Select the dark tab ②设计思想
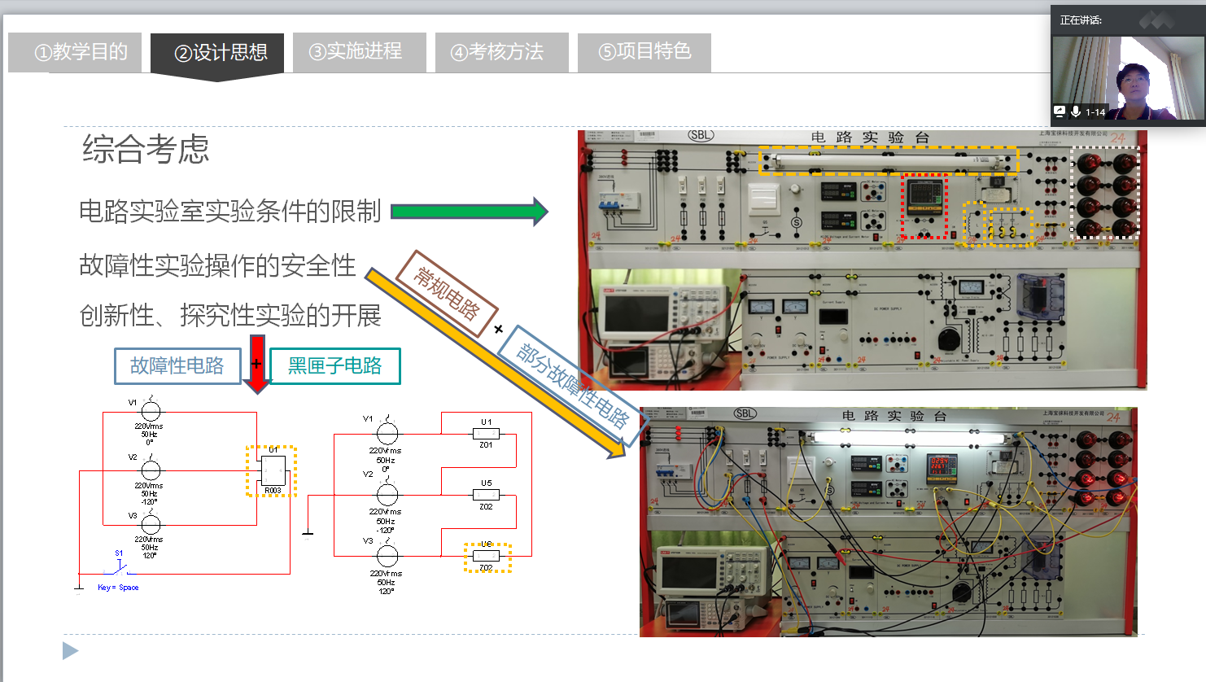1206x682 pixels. pyautogui.click(x=217, y=53)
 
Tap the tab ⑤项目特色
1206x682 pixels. pyautogui.click(x=645, y=52)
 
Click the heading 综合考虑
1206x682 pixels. pyautogui.click(x=146, y=150)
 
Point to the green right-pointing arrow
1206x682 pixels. pyautogui.click(x=470, y=212)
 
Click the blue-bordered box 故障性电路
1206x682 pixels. pyautogui.click(x=177, y=366)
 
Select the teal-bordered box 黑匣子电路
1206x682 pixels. pyautogui.click(x=334, y=366)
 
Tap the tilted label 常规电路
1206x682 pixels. pyautogui.click(x=447, y=292)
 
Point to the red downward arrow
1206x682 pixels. pyautogui.click(x=257, y=363)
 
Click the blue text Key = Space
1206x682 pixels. pyautogui.click(x=118, y=588)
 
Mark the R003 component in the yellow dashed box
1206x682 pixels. pyautogui.click(x=272, y=471)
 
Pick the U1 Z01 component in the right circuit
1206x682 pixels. pyautogui.click(x=486, y=434)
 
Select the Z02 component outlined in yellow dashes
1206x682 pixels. pyautogui.click(x=487, y=557)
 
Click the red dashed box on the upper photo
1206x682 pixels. pyautogui.click(x=925, y=206)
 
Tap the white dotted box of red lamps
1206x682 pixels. pyautogui.click(x=1105, y=193)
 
